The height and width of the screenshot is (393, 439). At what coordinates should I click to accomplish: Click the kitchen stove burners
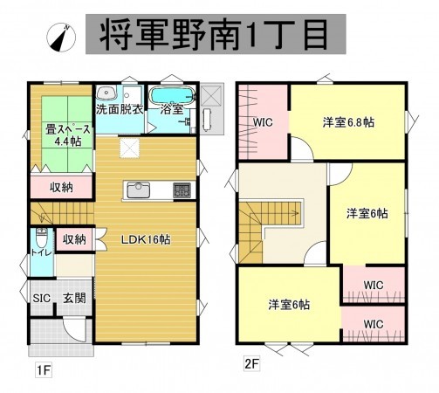coord(182,190)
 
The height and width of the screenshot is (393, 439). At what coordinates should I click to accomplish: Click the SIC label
coord(42,298)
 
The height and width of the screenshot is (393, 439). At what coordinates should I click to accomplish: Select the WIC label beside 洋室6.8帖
coord(264,123)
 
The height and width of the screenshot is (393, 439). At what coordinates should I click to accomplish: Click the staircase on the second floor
coord(271,222)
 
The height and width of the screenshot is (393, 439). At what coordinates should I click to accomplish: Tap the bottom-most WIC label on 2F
coord(374,324)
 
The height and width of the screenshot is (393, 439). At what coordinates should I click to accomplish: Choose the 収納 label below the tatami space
coord(60,186)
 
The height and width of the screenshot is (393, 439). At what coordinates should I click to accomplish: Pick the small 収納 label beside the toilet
coord(73,238)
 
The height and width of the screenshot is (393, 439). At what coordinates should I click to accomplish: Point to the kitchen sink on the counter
coord(141,190)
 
